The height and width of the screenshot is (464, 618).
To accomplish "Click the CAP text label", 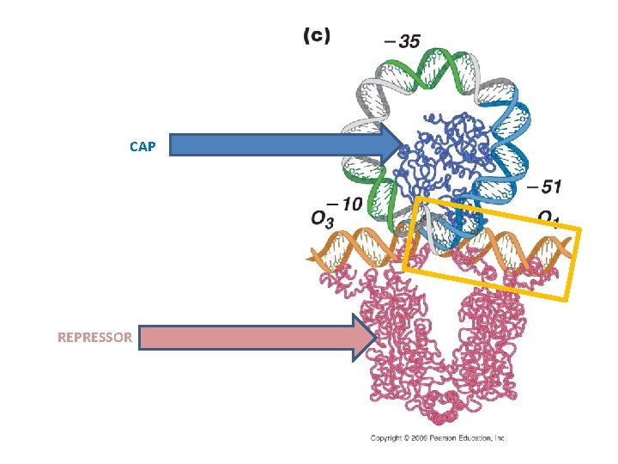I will coord(142,146).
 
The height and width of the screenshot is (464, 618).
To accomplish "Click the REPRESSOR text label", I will coord(94,337).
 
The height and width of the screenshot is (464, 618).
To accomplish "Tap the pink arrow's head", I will coord(366,336).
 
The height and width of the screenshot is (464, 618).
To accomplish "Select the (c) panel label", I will coord(317,35).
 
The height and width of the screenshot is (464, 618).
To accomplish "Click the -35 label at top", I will coord(402,40).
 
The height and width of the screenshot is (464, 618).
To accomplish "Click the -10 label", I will coord(345,204).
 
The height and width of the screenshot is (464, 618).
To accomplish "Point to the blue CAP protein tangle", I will coord(438,159).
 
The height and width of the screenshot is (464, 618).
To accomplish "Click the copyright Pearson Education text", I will coord(438,438).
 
